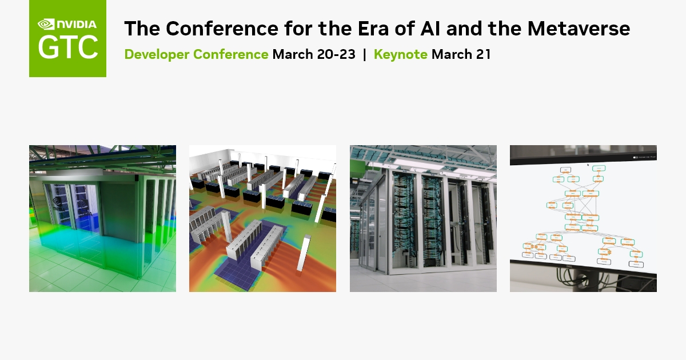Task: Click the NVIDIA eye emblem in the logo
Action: pyautogui.click(x=45, y=24)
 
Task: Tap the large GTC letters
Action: pyautogui.click(x=67, y=48)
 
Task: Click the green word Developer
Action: pyautogui.click(x=157, y=54)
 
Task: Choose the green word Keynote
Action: pyautogui.click(x=400, y=54)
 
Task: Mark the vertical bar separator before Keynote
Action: pyautogui.click(x=364, y=54)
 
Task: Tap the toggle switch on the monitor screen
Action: pyautogui.click(x=635, y=157)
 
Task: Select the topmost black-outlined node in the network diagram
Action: pyautogui.click(x=565, y=170)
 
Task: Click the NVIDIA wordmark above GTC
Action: pyautogui.click(x=76, y=24)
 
